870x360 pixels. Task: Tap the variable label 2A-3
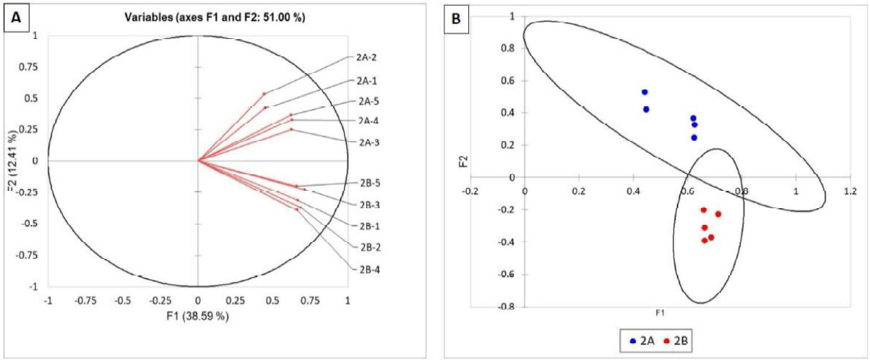(x=368, y=142)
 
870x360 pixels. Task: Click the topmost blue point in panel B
(x=645, y=93)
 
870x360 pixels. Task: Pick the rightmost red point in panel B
(x=718, y=214)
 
